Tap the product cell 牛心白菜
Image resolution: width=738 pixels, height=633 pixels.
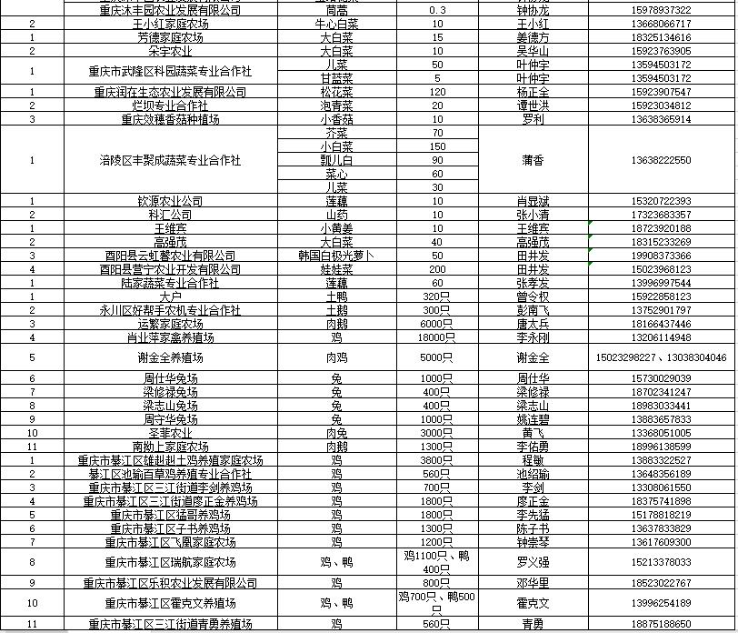337,24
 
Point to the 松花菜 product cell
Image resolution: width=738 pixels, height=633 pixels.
337,92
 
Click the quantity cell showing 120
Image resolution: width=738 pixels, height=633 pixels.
437,92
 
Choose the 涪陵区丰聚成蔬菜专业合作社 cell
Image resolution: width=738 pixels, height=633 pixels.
170,160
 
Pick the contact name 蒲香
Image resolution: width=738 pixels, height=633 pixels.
533,160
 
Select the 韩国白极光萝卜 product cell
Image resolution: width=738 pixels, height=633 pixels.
337,256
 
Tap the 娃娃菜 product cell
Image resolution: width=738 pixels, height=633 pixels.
337,269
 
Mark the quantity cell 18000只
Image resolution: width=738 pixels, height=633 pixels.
437,337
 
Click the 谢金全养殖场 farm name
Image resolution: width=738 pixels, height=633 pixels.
170,357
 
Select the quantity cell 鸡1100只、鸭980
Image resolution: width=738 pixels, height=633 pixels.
437,562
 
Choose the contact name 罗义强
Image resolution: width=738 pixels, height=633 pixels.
533,562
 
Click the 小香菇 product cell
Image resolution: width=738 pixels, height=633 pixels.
337,119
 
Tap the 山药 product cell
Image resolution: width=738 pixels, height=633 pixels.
337,215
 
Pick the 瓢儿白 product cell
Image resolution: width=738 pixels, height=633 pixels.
337,160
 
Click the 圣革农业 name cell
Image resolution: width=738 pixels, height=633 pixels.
170,433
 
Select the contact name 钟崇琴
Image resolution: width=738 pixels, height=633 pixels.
533,542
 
